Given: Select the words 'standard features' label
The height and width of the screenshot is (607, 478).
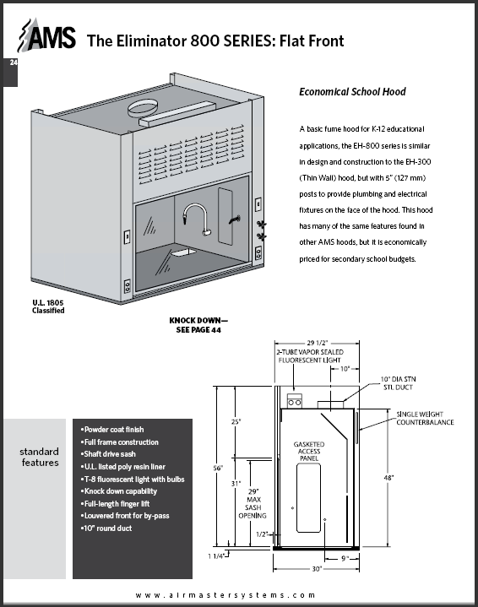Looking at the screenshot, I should point(39,456).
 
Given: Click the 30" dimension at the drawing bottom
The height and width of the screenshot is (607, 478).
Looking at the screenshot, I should point(317,569).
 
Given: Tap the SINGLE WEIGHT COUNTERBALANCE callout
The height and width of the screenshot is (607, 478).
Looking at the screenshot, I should point(426,418).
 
